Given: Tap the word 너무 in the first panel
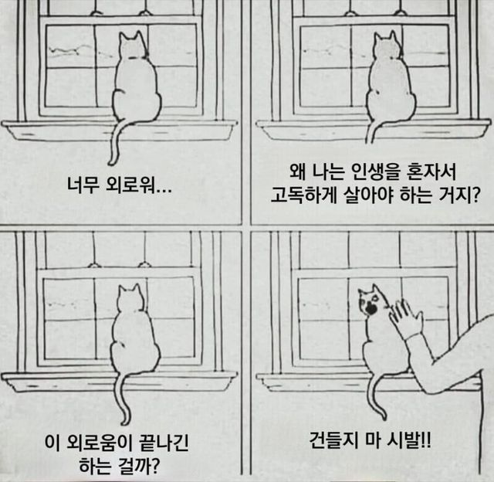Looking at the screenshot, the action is [x=82, y=185].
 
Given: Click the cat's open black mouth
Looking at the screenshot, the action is [x=372, y=309].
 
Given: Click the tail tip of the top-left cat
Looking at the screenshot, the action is [x=111, y=163].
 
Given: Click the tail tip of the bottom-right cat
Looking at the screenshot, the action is [x=384, y=417].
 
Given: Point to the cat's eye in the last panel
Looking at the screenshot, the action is [x=375, y=297].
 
